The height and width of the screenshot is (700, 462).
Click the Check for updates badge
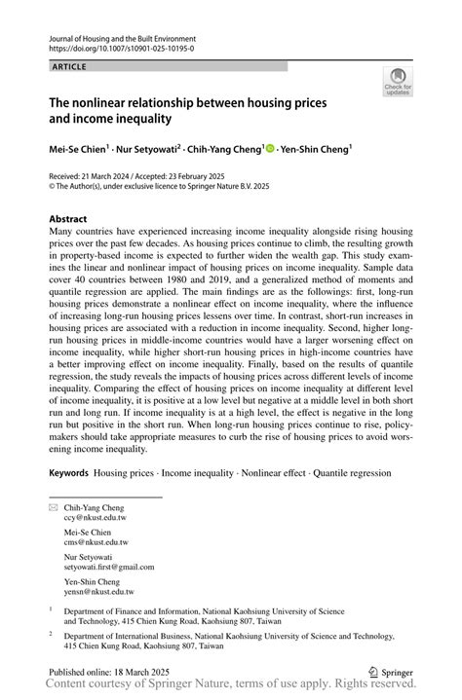point(398,82)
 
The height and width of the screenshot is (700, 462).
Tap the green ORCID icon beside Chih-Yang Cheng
point(270,149)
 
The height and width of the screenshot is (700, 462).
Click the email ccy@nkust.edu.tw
point(96,519)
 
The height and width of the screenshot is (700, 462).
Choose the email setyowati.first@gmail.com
point(109,566)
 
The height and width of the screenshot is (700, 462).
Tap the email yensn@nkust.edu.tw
point(99,590)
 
